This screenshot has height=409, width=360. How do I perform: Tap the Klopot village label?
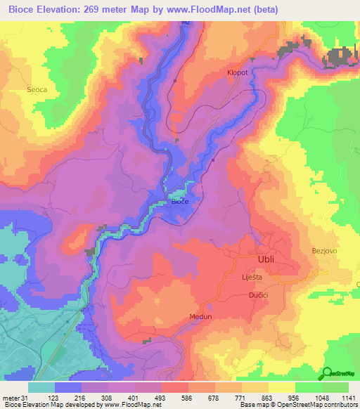coord(236,72)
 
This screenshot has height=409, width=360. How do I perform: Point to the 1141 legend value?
coord(348,397)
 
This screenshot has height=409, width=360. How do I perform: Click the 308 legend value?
coord(115,397)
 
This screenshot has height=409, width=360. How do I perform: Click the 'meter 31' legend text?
coord(15,397)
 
